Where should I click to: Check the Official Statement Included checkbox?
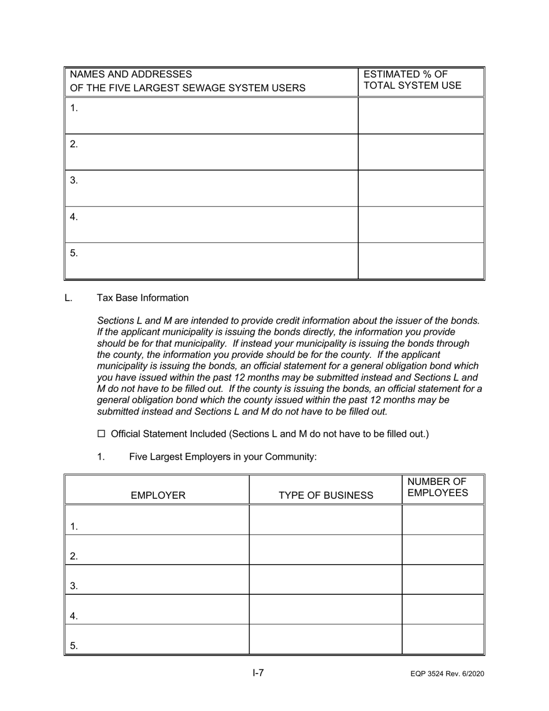(x=102, y=434)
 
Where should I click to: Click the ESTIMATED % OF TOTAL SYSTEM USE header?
(x=412, y=80)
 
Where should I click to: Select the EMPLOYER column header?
(x=158, y=495)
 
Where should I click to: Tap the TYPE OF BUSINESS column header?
(x=326, y=495)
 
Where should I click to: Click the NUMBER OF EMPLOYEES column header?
(x=437, y=488)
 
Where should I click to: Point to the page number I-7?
(x=258, y=673)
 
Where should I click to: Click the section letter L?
(x=69, y=298)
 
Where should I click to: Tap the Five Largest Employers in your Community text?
(x=222, y=457)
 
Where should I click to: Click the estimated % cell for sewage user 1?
(x=421, y=116)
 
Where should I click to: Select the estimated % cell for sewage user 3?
(x=421, y=188)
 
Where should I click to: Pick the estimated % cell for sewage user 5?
(x=421, y=261)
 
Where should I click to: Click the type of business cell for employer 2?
(x=325, y=550)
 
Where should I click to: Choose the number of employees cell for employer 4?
(x=443, y=609)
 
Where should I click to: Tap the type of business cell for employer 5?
(x=325, y=639)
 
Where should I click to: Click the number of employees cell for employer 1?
(x=443, y=520)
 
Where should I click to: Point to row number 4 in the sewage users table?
(x=74, y=217)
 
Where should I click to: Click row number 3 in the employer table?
(x=74, y=586)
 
